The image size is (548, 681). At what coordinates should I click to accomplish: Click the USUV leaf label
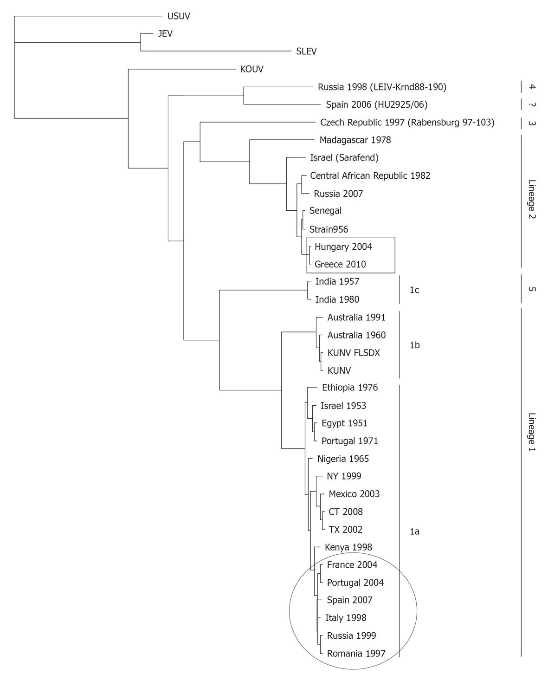179,16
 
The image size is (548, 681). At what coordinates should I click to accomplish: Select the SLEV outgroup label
306,51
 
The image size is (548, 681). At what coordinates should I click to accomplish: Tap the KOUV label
251,69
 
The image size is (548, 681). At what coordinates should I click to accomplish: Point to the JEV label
165,33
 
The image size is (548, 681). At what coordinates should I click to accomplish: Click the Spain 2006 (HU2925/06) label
376,105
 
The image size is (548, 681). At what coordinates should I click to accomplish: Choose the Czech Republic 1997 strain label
407,123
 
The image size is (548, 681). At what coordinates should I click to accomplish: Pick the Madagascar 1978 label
355,140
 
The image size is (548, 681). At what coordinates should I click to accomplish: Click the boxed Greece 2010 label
340,264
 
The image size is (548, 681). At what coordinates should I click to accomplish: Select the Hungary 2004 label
343,247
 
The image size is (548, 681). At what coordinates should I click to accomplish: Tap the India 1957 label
337,282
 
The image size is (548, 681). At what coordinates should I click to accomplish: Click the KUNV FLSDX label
354,353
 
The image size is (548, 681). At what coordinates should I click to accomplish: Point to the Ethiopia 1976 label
349,388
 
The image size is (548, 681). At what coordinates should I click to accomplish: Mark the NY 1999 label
344,476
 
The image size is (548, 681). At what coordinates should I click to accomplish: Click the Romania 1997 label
356,654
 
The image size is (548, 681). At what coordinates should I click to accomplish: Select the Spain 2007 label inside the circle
349,600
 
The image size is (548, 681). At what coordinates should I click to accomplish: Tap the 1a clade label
414,532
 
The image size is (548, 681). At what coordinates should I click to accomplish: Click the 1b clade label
414,345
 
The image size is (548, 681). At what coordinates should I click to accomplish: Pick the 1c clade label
414,290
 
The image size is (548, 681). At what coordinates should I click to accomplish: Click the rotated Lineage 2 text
532,199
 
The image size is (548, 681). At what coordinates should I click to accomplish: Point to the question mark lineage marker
532,105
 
